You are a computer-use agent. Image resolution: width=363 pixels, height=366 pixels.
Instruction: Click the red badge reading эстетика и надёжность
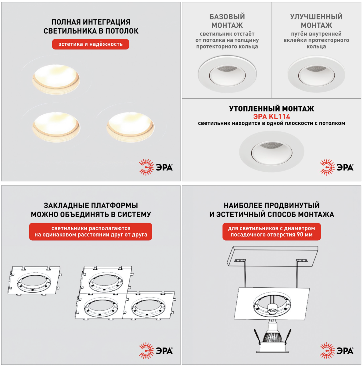tap(91, 44)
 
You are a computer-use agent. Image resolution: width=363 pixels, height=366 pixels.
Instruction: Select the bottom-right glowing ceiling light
tap(130, 127)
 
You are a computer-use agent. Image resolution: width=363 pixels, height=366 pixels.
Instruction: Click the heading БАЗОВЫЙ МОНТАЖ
tap(227, 21)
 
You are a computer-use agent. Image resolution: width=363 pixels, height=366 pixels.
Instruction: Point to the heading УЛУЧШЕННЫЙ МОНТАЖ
tap(316, 21)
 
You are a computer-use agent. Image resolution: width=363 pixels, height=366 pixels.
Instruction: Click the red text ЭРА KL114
tap(271, 117)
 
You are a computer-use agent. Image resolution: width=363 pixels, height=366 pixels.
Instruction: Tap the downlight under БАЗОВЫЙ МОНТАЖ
tap(227, 74)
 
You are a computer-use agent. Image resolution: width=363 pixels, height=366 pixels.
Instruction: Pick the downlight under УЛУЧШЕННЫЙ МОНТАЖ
tap(316, 74)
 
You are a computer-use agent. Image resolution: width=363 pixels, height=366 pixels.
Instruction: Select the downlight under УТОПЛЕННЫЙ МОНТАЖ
tap(271, 151)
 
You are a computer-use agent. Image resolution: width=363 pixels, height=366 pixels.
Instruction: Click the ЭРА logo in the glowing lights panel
tap(156, 167)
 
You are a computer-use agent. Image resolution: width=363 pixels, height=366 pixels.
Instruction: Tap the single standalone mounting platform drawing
tap(35, 281)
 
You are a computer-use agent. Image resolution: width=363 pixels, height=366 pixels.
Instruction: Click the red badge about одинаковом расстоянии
tap(91, 231)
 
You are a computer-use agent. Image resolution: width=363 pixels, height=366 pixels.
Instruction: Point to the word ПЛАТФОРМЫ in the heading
tap(114, 206)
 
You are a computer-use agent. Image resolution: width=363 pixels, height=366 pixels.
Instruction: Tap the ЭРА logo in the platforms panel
tap(156, 351)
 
